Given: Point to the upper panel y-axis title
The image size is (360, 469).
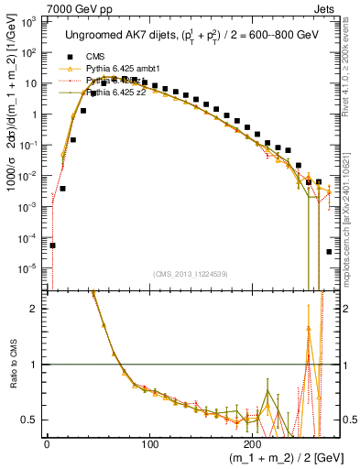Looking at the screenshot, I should [12, 147].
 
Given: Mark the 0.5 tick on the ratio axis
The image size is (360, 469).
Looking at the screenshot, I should [32, 420].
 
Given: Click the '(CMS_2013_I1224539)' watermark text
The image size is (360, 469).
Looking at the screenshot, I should [191, 273].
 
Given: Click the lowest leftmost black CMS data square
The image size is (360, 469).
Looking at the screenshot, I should [52, 245].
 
